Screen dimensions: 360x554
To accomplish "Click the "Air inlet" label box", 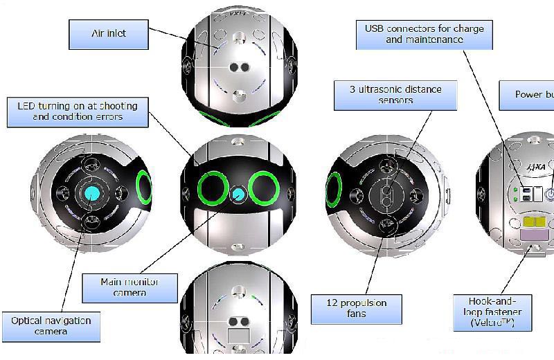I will [109, 34].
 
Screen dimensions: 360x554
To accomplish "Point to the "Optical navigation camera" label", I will [51, 326].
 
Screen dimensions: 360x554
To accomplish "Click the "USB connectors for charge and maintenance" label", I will [425, 34].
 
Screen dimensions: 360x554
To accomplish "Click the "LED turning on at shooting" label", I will [78, 111].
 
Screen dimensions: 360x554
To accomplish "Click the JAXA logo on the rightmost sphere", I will [538, 169].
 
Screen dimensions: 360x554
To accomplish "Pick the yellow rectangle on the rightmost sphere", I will [535, 222].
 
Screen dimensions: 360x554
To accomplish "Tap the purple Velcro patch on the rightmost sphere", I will [533, 237].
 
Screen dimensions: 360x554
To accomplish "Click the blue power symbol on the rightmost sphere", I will [550, 195].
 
